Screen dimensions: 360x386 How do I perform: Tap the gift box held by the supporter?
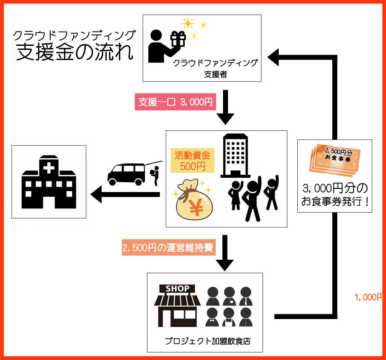click(x=178, y=39)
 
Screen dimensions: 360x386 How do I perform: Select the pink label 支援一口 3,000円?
click(x=175, y=102)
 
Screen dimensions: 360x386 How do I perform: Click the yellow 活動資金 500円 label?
click(x=192, y=160)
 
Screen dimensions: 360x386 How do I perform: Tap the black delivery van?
click(x=127, y=174)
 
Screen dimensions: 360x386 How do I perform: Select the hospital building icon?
click(x=49, y=182)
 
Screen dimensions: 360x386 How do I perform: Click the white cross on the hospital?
click(x=49, y=168)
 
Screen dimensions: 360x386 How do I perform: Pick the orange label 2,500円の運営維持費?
click(x=168, y=248)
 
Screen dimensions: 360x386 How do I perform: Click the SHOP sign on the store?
click(x=178, y=289)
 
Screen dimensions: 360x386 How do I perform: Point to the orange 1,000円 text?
click(x=369, y=297)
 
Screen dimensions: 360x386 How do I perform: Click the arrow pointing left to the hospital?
click(x=124, y=194)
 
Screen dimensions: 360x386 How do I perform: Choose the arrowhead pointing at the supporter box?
click(x=273, y=57)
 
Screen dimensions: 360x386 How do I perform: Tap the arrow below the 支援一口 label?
click(x=225, y=107)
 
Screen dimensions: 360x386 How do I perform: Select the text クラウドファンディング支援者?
click(x=215, y=68)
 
